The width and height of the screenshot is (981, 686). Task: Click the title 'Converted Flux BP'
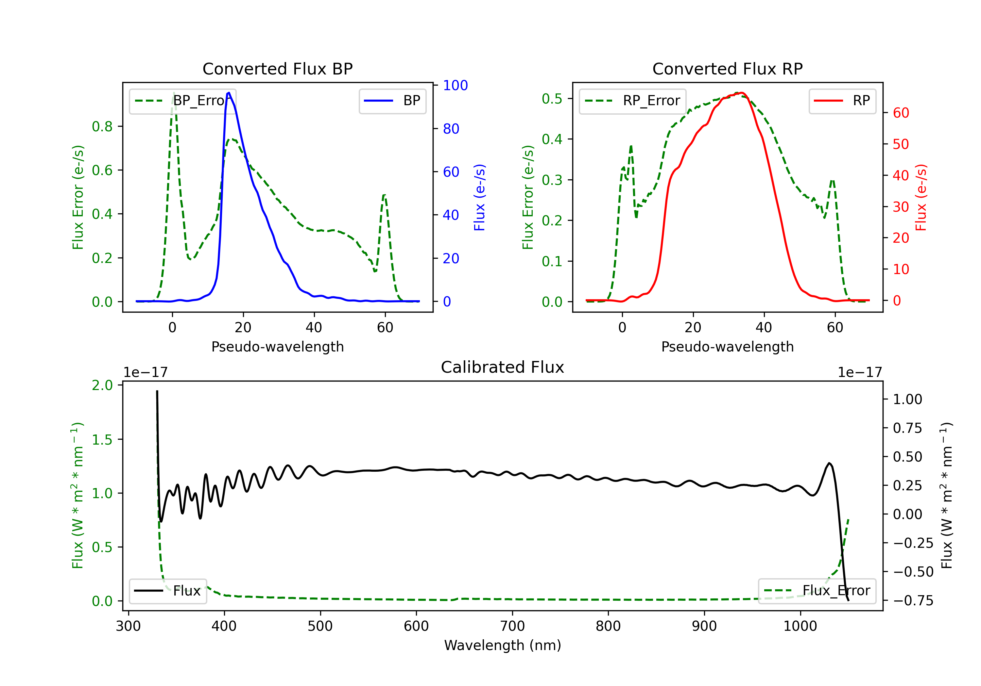tap(277, 69)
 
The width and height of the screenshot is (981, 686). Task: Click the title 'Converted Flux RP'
tap(727, 69)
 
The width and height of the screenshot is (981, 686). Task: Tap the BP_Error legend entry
tap(182, 101)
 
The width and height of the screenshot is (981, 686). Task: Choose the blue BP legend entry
tap(392, 101)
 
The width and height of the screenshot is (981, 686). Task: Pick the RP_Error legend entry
tap(632, 101)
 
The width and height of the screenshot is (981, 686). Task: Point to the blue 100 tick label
tap(456, 85)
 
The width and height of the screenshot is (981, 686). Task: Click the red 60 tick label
tap(901, 113)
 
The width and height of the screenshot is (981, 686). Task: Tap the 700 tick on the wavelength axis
tap(512, 626)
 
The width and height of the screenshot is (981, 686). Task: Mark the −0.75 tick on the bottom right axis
tap(913, 601)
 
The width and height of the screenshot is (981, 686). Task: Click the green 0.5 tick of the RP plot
tap(552, 99)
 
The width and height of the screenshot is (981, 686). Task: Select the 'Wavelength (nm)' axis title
tap(503, 645)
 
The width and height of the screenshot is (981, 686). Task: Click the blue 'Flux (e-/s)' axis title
tap(479, 198)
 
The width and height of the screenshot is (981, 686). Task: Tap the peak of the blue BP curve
tap(229, 93)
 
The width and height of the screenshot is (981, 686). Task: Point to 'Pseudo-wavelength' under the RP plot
tap(727, 347)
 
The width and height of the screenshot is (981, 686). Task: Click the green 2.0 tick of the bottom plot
tap(102, 385)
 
